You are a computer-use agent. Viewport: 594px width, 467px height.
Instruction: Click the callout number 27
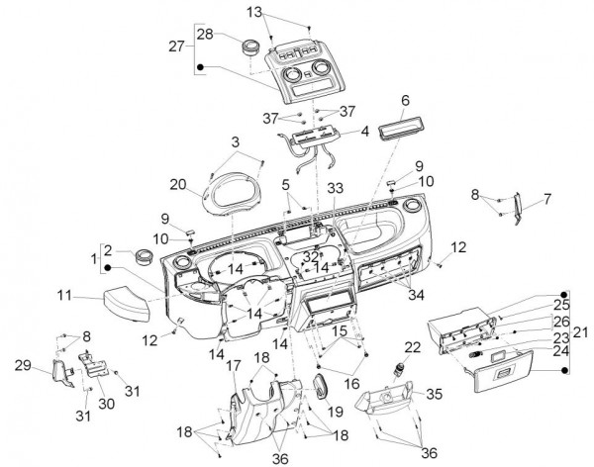175,47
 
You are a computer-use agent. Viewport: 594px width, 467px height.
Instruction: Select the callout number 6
405,101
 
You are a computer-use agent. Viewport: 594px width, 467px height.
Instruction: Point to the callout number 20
177,184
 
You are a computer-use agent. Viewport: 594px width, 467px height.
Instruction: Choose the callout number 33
336,188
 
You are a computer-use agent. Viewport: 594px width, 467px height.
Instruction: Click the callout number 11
64,295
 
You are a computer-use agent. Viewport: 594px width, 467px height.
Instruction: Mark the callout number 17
233,366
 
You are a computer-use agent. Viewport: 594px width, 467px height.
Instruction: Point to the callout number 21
581,331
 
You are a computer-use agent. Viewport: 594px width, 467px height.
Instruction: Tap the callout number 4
365,131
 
